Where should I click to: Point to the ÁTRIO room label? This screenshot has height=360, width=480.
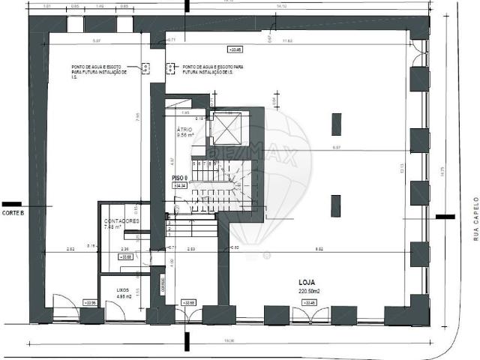coord(184,130)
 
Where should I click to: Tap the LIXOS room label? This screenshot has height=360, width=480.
coord(123,288)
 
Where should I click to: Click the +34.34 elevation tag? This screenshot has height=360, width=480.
coord(180,184)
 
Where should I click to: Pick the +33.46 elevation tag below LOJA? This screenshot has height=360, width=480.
coord(308,302)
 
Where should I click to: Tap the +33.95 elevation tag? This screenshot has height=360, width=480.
coord(91,302)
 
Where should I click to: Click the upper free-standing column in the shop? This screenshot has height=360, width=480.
coord(336,124)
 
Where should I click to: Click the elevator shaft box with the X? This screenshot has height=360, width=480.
coord(226,127)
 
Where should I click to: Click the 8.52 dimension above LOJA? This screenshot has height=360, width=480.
coord(319,247)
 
